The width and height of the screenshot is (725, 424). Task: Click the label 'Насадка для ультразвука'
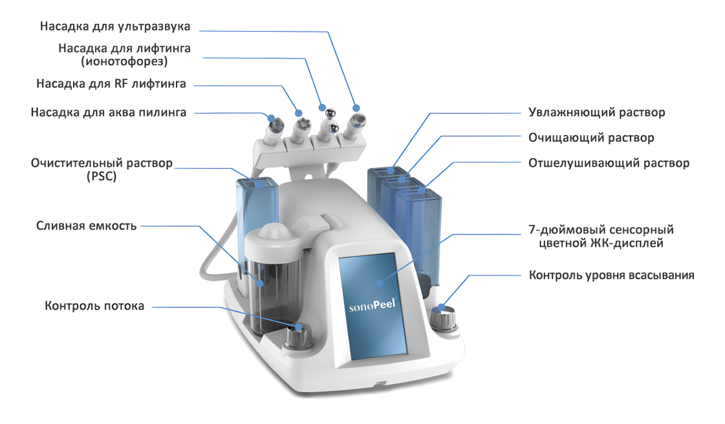pos(115,26)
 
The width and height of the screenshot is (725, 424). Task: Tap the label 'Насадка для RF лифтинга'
pos(111,84)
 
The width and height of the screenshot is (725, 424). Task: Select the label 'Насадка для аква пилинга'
pos(109,112)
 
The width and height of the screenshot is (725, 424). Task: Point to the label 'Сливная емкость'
pos(86,226)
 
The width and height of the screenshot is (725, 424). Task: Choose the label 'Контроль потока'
pos(94,306)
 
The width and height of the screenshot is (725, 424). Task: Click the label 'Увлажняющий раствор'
pos(597,112)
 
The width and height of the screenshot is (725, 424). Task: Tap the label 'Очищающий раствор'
pos(591,138)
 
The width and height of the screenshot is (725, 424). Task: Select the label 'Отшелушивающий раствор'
pos(609,163)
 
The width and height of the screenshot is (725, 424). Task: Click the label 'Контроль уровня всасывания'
pos(612,275)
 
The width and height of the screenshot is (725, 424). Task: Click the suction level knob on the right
pos(444,317)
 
